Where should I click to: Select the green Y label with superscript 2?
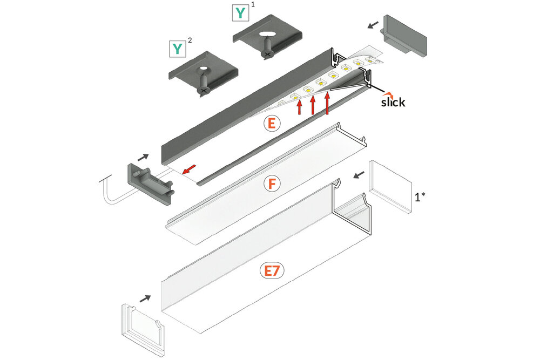click(177, 49)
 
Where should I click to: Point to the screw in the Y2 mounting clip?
click(204, 83)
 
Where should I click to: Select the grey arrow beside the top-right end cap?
click(373, 25)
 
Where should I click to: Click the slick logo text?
click(392, 101)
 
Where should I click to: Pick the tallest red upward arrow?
click(327, 103)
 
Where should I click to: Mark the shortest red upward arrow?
click(300, 106)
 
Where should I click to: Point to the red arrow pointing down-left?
click(188, 170)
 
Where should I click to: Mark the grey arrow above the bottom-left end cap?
click(145, 297)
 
